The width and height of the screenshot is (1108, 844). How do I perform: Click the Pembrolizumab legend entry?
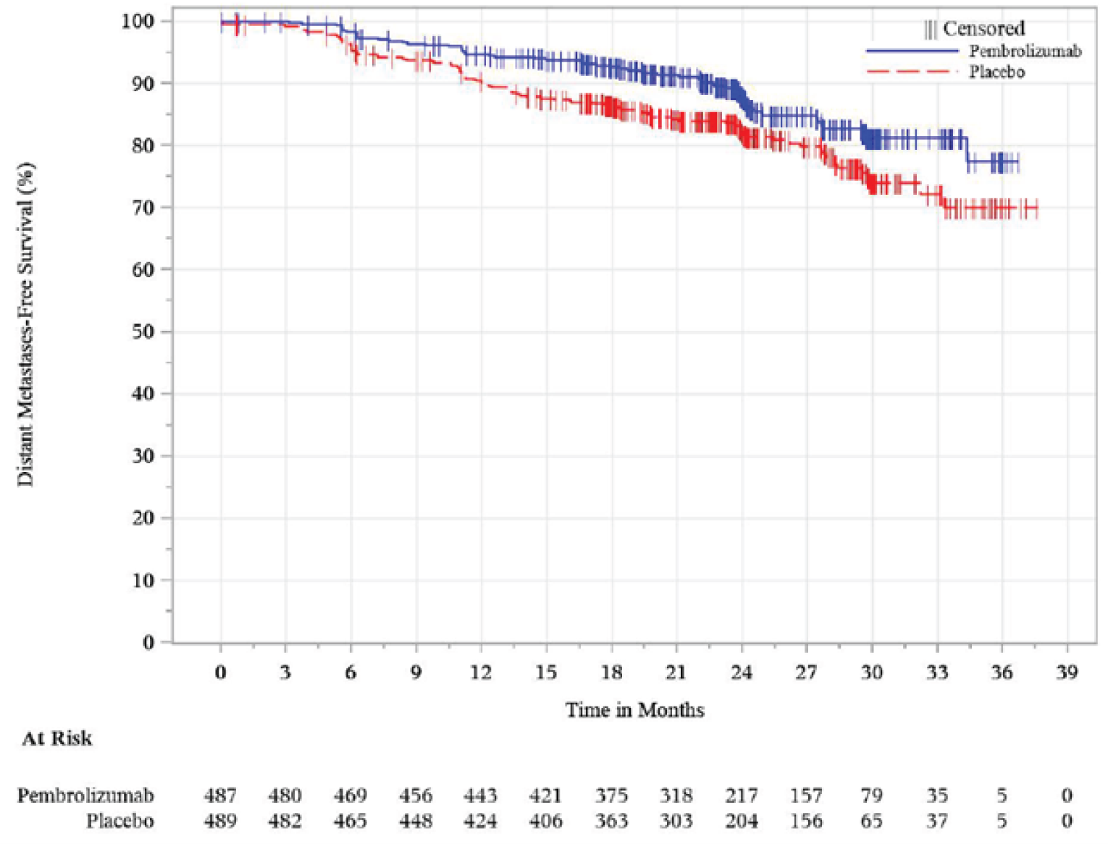pyautogui.click(x=1024, y=51)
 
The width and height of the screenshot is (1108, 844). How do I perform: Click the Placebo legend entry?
pyautogui.click(x=996, y=72)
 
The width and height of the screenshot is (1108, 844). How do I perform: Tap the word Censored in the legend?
pyautogui.click(x=983, y=28)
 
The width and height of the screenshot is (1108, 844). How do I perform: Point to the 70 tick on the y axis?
pyautogui.click(x=143, y=208)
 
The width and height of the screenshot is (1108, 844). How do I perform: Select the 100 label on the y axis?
pyautogui.click(x=138, y=21)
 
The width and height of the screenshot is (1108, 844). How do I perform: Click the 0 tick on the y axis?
pyautogui.click(x=148, y=642)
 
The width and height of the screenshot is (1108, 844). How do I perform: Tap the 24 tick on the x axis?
pyautogui.click(x=741, y=672)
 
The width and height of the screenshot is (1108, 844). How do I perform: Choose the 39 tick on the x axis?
pyautogui.click(x=1066, y=672)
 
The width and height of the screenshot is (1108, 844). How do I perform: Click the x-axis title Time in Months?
pyautogui.click(x=634, y=709)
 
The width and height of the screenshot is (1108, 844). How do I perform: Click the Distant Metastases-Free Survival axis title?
pyautogui.click(x=26, y=324)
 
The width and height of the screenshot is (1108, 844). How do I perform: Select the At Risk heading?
pyautogui.click(x=57, y=738)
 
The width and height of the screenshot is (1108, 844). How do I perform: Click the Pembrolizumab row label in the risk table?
pyautogui.click(x=85, y=796)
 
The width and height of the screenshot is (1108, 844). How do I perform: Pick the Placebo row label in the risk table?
pyautogui.click(x=119, y=821)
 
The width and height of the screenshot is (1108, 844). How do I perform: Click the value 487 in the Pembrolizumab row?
pyautogui.click(x=220, y=796)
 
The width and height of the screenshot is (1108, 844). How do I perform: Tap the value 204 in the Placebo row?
pyautogui.click(x=741, y=821)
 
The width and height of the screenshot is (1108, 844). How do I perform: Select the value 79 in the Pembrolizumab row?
pyautogui.click(x=871, y=796)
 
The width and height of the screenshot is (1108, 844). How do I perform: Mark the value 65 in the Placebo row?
pyautogui.click(x=871, y=821)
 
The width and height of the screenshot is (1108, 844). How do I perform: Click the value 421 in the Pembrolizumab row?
pyautogui.click(x=545, y=796)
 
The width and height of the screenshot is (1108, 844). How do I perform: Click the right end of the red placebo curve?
pyautogui.click(x=1037, y=209)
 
